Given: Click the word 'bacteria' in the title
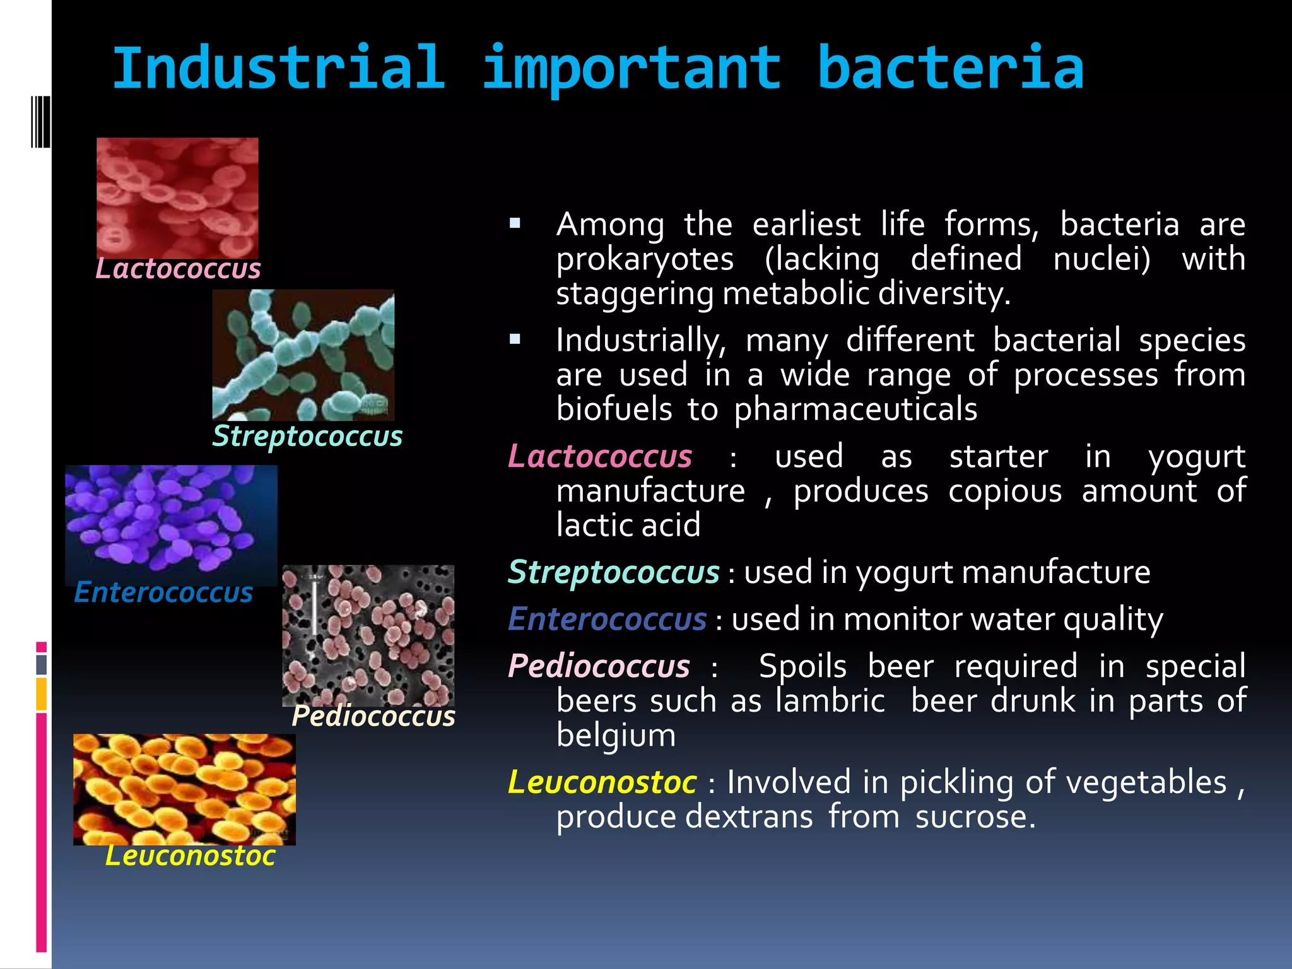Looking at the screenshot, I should point(950,68).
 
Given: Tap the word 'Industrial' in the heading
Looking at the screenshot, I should point(279,68).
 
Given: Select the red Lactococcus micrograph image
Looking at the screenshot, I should point(177,197).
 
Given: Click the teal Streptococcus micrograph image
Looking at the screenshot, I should point(303,355).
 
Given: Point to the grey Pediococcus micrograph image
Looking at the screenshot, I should point(368,635).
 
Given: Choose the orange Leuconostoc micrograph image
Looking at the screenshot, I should point(184,789).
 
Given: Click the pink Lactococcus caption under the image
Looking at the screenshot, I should point(178,269).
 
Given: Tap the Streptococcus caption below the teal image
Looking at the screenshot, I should point(307,437).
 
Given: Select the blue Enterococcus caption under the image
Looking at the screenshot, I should point(163,593).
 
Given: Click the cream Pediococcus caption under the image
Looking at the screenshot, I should point(373,717).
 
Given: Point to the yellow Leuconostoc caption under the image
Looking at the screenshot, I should point(190,856).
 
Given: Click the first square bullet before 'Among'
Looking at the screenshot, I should point(515,223).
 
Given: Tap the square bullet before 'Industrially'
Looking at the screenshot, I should point(515,339).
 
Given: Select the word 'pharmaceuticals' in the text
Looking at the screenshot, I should point(855,410).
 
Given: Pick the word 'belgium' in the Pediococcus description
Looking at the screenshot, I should point(616,736).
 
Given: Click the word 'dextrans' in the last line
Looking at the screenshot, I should point(749,817).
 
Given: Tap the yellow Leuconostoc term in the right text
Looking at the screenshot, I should point(602,782).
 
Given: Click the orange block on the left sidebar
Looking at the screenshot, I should point(42,694).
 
